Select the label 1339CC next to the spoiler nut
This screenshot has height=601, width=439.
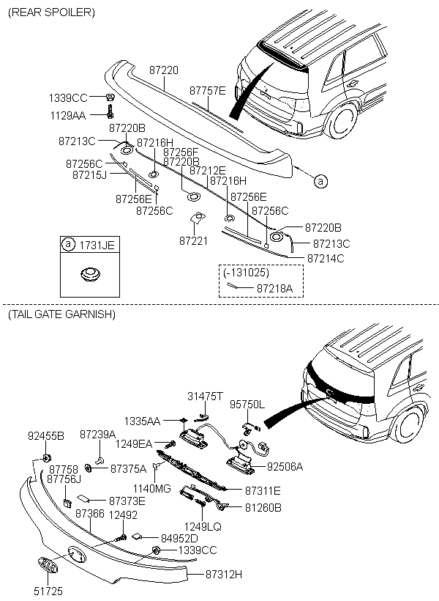tap(68, 97)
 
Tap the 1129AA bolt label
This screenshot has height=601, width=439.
tap(68, 115)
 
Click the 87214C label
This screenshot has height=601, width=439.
tap(325, 258)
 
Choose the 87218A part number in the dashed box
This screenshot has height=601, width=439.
tap(274, 289)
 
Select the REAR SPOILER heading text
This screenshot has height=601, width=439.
tap(50, 12)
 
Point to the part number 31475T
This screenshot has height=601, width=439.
tap(205, 395)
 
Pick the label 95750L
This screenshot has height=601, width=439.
tap(247, 404)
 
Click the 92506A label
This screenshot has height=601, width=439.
tap(285, 465)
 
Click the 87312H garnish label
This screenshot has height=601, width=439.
tap(224, 574)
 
